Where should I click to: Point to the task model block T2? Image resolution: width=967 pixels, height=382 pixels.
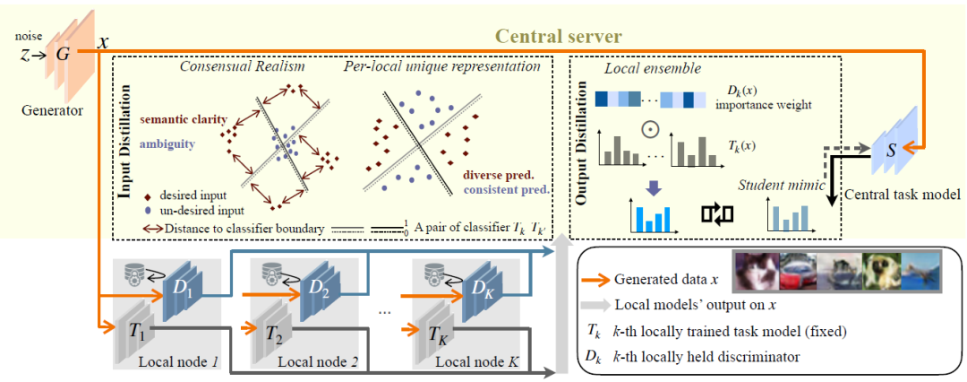coord(275,334)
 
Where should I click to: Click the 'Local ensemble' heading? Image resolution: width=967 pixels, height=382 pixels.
coord(641,69)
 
